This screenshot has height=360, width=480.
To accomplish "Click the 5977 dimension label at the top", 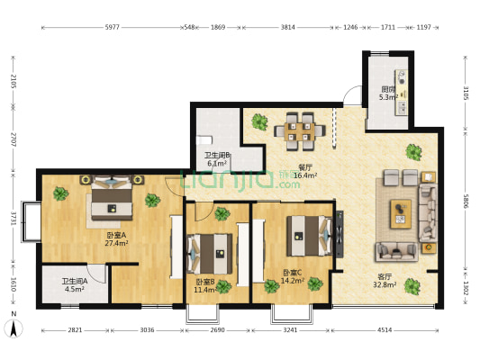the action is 112,27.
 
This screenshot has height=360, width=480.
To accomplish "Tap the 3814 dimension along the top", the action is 288,27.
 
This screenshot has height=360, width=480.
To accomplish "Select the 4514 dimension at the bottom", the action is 385,330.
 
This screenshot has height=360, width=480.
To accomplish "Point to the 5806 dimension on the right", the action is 466,202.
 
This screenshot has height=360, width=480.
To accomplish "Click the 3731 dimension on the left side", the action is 13,218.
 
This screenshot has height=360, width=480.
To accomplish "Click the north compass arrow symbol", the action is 14,328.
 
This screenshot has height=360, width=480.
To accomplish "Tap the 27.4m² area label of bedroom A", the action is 116,243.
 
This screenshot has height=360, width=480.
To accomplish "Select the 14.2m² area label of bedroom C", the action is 293,281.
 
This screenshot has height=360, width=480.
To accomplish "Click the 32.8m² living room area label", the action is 385,284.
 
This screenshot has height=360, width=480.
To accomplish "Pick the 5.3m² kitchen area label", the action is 388,97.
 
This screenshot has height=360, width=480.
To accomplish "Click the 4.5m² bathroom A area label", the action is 75,289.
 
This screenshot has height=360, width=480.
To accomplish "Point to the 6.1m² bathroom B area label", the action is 217,163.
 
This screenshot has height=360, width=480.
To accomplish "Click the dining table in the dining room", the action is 299,131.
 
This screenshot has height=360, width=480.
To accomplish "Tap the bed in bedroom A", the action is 112,198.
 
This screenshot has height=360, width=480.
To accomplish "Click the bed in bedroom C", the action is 309,236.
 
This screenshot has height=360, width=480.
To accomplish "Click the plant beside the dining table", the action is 259,121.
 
